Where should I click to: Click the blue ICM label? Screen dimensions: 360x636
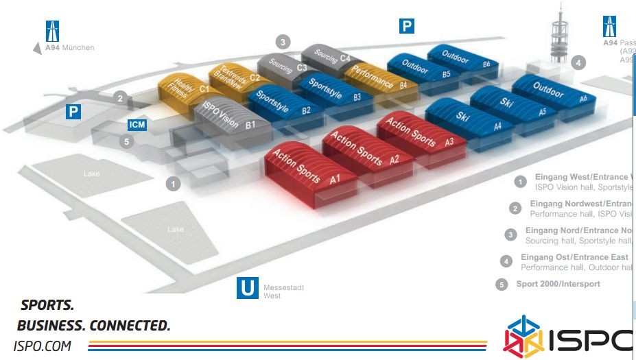(x=137, y=125)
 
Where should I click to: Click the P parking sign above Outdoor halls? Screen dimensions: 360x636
(x=407, y=26)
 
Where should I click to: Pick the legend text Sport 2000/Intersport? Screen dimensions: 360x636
(x=558, y=284)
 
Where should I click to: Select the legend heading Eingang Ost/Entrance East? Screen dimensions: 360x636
(x=574, y=257)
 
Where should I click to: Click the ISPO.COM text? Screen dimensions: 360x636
(x=43, y=346)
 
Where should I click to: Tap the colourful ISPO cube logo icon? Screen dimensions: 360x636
(x=523, y=337)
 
